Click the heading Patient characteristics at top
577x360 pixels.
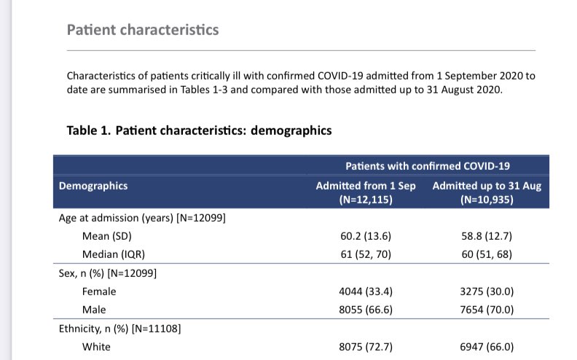click(x=142, y=30)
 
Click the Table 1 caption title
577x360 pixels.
click(x=199, y=130)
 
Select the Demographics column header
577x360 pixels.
click(x=93, y=186)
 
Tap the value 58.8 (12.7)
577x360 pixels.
click(x=486, y=236)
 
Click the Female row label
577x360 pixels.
click(x=99, y=291)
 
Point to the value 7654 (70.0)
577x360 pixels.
click(x=486, y=310)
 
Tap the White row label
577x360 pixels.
click(x=97, y=347)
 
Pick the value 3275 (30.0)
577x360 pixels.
click(x=486, y=291)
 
